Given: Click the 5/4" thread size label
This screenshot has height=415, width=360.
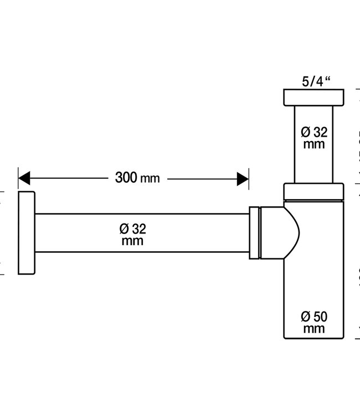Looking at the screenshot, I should (316, 81).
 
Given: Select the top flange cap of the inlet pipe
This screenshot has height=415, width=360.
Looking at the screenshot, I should (313, 97).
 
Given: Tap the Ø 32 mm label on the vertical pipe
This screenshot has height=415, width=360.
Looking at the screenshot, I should (313, 138).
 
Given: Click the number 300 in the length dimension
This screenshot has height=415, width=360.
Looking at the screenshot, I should (126, 178).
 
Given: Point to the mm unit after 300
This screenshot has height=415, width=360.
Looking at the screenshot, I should (150, 179).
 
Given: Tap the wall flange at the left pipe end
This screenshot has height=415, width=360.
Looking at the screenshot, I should (27, 233).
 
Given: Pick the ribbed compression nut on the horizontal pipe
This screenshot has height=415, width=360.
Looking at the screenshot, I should (254, 232).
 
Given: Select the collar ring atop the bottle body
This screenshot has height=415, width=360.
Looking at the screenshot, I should (313, 190).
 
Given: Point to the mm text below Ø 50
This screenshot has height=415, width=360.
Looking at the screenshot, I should (313, 329).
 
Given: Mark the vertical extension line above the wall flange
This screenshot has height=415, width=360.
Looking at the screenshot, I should (18, 180).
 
